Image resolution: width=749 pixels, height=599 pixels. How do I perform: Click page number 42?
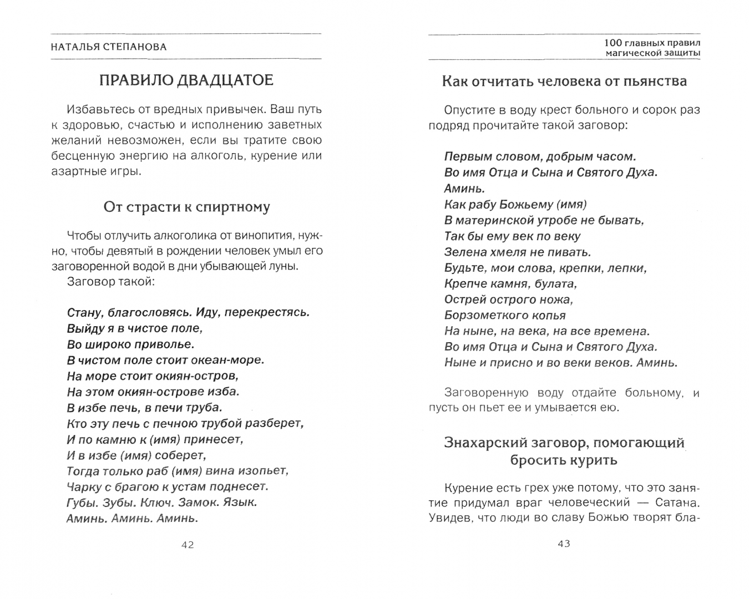188,545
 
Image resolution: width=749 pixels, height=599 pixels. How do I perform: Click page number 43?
564,544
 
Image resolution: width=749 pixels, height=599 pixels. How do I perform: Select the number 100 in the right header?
613,43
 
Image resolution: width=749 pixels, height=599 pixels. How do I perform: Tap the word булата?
555,283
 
